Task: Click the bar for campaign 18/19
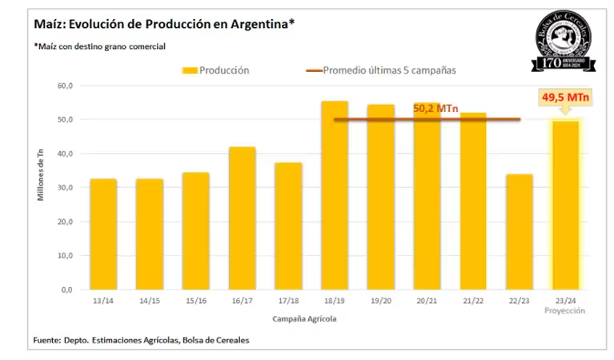[335, 195]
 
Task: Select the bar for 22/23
[520, 232]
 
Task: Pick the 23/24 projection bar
[566, 205]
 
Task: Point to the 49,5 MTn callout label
[565, 98]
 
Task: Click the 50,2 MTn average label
[435, 108]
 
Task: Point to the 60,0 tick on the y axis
[65, 86]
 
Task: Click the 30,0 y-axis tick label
[65, 187]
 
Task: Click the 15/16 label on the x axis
[195, 302]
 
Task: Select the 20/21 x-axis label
[427, 302]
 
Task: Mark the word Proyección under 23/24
[566, 311]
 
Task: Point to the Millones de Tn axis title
[41, 188]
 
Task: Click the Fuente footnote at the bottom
[141, 340]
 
